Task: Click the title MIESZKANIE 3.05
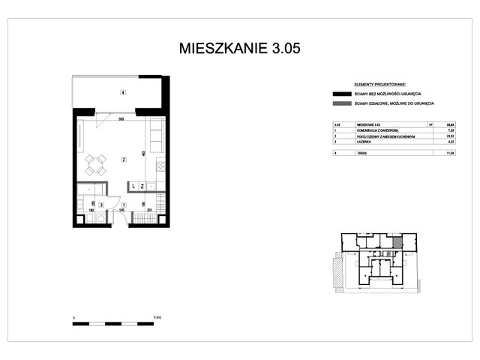(x=240, y=49)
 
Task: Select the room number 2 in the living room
(x=122, y=159)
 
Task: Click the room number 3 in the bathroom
(x=101, y=204)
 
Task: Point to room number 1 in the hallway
(x=123, y=204)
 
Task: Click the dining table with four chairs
(x=95, y=164)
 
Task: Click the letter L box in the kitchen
(x=132, y=185)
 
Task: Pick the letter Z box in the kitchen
(x=142, y=185)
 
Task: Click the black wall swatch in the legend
(x=341, y=94)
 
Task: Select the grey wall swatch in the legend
(x=341, y=103)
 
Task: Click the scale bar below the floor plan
(x=116, y=323)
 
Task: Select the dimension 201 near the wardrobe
(x=149, y=210)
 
